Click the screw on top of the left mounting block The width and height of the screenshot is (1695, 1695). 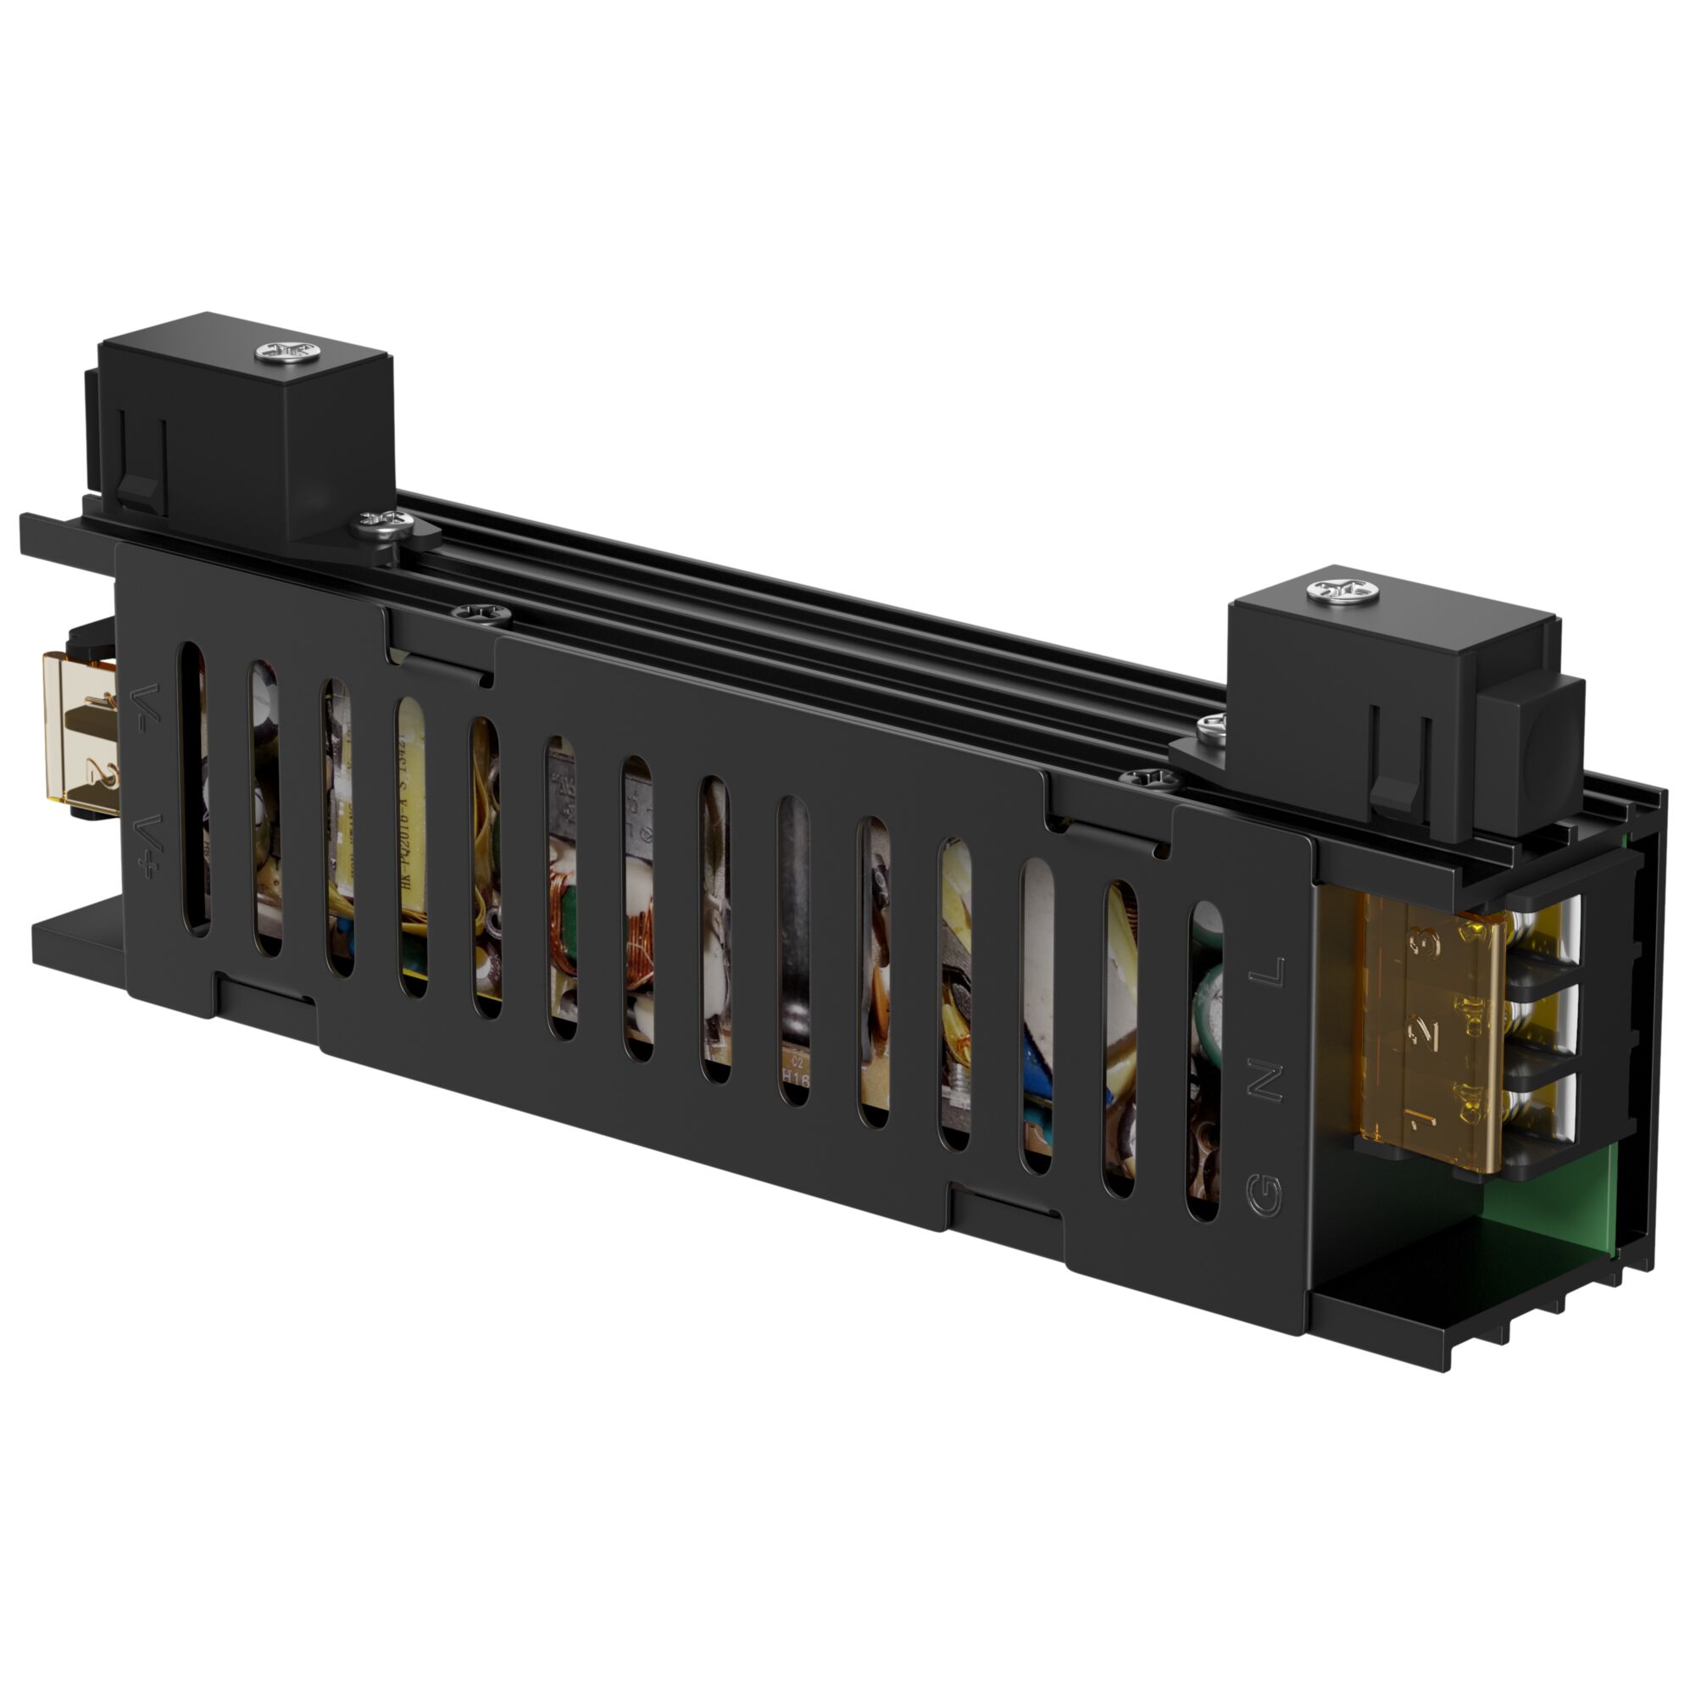(286, 353)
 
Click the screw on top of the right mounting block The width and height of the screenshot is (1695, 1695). (1342, 592)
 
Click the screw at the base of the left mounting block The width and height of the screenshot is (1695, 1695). (383, 525)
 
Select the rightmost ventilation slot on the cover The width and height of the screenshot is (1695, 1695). (1205, 1062)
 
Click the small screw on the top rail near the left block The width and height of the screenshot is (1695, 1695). (481, 615)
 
